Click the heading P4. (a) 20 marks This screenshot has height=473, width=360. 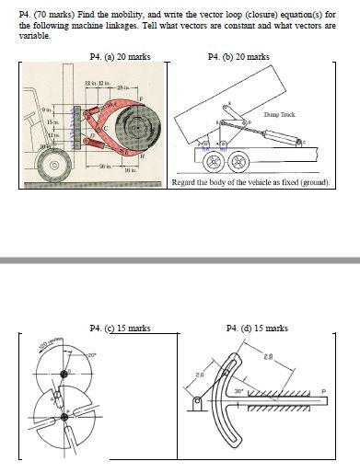pyautogui.click(x=120, y=57)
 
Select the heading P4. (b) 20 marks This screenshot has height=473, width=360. pyautogui.click(x=243, y=57)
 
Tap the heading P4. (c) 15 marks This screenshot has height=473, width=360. pyautogui.click(x=119, y=328)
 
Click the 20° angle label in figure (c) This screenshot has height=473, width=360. pyautogui.click(x=92, y=353)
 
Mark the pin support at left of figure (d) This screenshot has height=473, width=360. pyautogui.click(x=196, y=403)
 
